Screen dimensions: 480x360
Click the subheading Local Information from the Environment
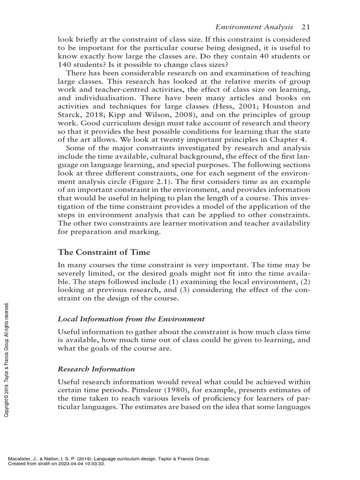click(x=131, y=319)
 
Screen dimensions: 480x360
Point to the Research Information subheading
click(x=96, y=369)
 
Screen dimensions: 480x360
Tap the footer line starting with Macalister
click(x=108, y=459)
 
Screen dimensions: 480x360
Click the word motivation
click(x=205, y=224)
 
